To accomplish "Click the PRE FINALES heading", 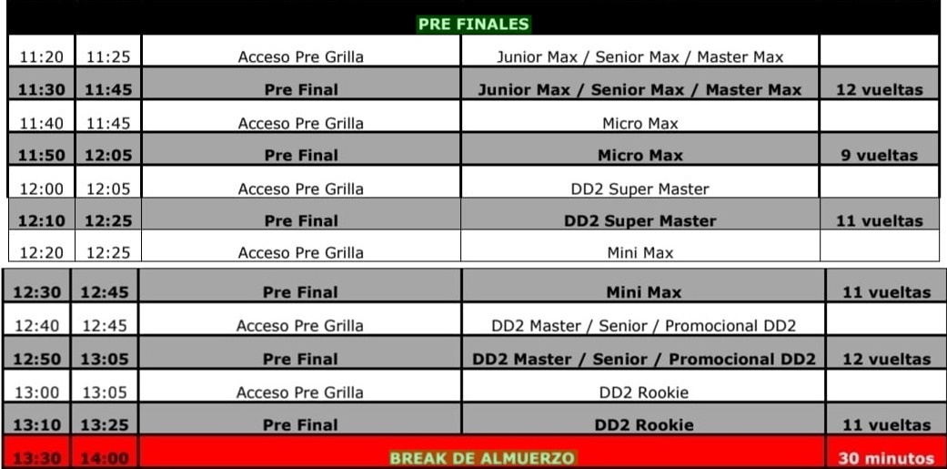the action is pyautogui.click(x=473, y=25).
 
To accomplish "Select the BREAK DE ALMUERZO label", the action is pyautogui.click(x=482, y=457).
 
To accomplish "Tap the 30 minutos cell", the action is pyautogui.click(x=886, y=458).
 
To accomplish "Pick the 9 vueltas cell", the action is pyautogui.click(x=880, y=156).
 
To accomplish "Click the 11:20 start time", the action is pyautogui.click(x=41, y=57).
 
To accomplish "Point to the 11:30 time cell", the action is pyautogui.click(x=40, y=90).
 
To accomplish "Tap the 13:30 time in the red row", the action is pyautogui.click(x=36, y=458).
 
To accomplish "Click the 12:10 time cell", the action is pyautogui.click(x=40, y=221).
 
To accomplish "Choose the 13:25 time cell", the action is pyautogui.click(x=104, y=425).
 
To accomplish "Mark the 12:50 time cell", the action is pyautogui.click(x=36, y=359).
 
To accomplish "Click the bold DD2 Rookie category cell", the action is pyautogui.click(x=644, y=425).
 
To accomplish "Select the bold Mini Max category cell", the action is pyautogui.click(x=644, y=292).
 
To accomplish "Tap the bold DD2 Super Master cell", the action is pyautogui.click(x=640, y=221).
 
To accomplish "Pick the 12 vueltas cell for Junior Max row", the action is pyautogui.click(x=880, y=90).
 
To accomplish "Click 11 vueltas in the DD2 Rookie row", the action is pyautogui.click(x=887, y=425).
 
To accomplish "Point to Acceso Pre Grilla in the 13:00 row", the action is pyautogui.click(x=299, y=393).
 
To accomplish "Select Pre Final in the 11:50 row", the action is pyautogui.click(x=301, y=156).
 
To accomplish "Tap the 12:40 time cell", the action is pyautogui.click(x=36, y=326).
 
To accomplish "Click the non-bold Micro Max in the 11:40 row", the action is pyautogui.click(x=640, y=123).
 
